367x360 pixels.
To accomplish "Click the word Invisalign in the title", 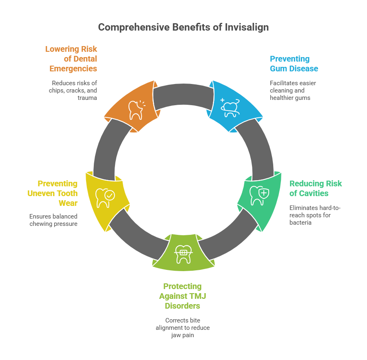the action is (x=247, y=28).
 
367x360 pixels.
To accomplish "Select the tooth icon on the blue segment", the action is (x=230, y=108).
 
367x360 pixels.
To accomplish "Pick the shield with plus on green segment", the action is (x=264, y=193).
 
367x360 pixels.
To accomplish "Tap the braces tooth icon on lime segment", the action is (x=183, y=254).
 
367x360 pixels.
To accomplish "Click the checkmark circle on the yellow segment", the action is (x=110, y=195).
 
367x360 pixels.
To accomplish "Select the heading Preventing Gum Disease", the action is (x=294, y=64).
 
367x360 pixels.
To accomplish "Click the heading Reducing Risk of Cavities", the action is (x=316, y=188).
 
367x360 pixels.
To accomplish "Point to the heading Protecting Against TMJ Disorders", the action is (x=183, y=296).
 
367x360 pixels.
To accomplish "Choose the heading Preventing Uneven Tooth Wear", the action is (x=53, y=193).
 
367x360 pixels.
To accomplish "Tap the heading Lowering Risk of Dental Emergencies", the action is (x=71, y=59).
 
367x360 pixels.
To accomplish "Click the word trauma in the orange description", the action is (x=87, y=98).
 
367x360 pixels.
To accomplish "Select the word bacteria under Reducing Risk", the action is (x=300, y=223).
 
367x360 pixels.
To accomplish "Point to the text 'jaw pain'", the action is (x=183, y=335).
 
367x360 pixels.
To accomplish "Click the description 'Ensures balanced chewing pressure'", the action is (x=53, y=220).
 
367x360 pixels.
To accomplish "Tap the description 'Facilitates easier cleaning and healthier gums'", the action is (x=293, y=91).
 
